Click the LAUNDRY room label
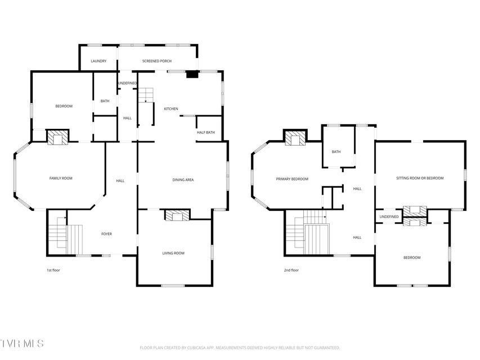point(98,61)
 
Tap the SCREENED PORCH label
point(157,61)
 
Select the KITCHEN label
point(171,109)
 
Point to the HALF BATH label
point(206,133)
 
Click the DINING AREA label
point(183,180)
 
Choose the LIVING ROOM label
point(173,253)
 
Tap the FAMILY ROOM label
point(61,178)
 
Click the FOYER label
point(106,234)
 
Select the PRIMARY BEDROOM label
point(292,179)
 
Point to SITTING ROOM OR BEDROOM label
point(420,178)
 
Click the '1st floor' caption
point(53,271)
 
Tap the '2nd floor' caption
point(291,271)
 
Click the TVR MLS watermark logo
point(22,344)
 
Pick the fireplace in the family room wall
point(57,137)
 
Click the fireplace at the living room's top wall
point(178,215)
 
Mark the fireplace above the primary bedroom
point(295,138)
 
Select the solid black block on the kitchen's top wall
point(192,74)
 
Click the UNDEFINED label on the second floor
point(389,217)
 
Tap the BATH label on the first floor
point(105,101)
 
